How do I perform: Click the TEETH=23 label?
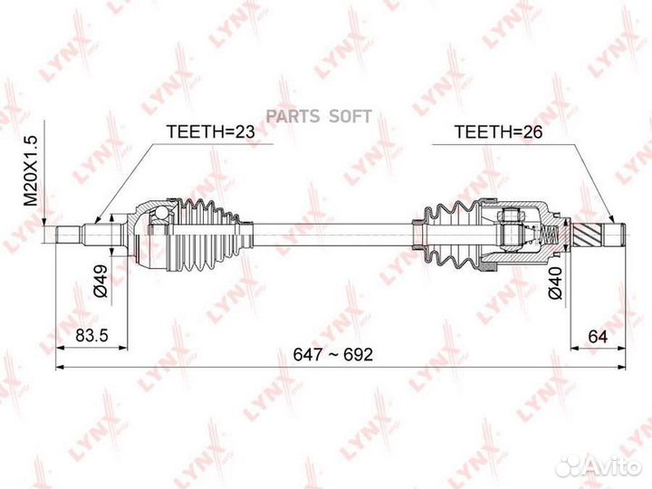(x=211, y=132)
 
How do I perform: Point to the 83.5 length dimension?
(x=91, y=336)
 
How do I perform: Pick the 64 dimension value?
(x=596, y=336)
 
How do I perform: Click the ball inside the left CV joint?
(x=160, y=214)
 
